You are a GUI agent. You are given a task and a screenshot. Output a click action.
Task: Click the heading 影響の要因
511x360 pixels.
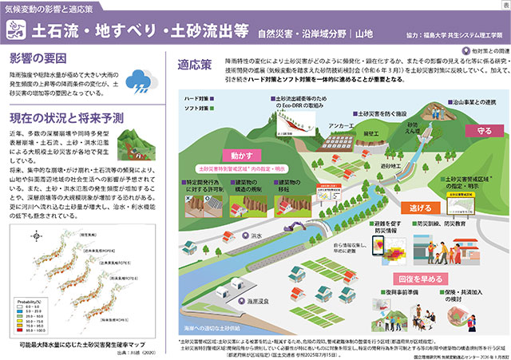coord(39,59)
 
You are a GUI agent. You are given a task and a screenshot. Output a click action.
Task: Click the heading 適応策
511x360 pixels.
coord(194,64)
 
